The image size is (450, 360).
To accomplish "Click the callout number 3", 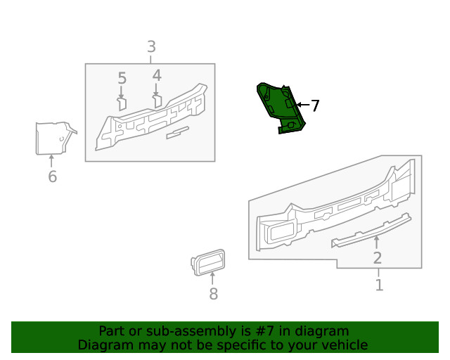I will point(151,47).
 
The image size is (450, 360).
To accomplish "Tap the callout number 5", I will point(122,78).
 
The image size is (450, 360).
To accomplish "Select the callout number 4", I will point(156,75).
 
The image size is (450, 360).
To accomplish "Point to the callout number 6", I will point(52,176).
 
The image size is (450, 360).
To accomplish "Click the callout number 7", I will point(315,106).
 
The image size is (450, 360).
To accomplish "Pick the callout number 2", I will point(378,258).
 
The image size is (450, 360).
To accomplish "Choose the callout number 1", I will point(379,285).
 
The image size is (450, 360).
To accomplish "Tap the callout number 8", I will point(213,295).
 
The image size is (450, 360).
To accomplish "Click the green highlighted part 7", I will point(280,105).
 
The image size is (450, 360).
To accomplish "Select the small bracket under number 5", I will point(122,104).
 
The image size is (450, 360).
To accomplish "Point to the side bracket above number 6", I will point(52,137).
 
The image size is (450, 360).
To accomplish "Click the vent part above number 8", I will point(208,262).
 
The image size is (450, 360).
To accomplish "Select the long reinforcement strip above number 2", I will point(371,229).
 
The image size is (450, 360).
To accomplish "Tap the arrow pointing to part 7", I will point(301,105).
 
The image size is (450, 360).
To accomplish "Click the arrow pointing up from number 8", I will point(213,279).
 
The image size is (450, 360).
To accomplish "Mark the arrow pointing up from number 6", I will point(51,161).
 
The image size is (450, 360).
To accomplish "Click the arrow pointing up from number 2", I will point(376,243).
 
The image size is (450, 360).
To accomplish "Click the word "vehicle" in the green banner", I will point(343,345).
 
